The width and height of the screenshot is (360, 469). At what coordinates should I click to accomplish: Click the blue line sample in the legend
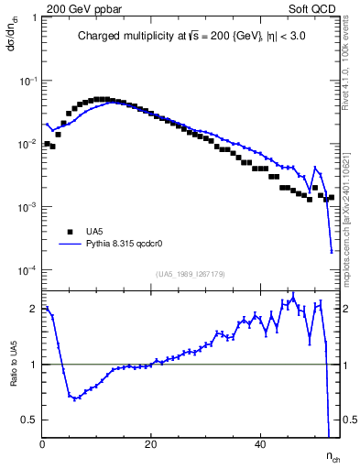pyautogui.click(x=71, y=245)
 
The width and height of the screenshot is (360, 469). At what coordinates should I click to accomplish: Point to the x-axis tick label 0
pyautogui.click(x=43, y=444)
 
